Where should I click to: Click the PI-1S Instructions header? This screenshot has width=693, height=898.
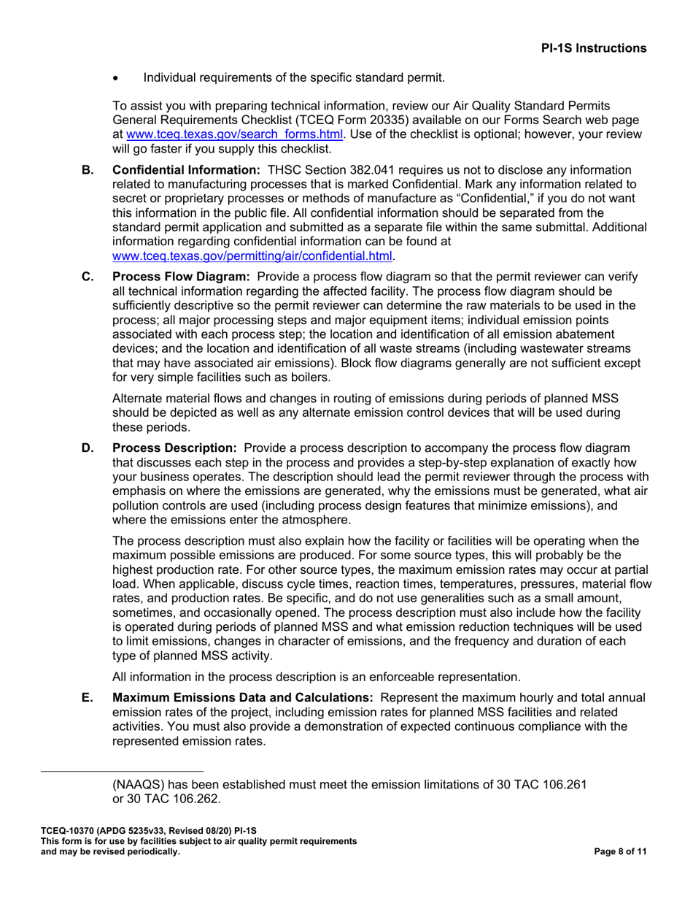click(593, 48)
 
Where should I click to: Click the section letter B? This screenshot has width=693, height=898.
click(88, 169)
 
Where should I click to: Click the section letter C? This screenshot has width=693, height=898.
click(88, 277)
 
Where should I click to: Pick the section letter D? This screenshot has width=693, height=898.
click(88, 448)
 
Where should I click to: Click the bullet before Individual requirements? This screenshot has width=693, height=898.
click(117, 77)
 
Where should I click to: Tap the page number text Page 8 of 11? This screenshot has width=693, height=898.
click(621, 851)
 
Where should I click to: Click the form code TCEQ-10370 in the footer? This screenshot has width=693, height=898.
click(66, 831)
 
